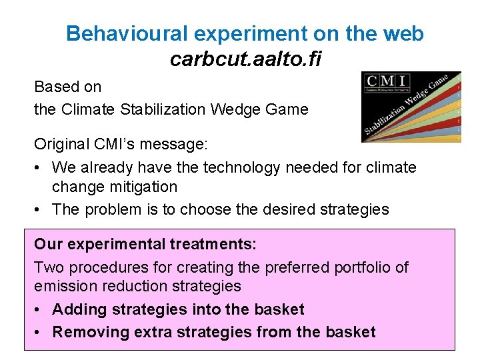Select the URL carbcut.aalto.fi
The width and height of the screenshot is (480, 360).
[245, 59]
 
